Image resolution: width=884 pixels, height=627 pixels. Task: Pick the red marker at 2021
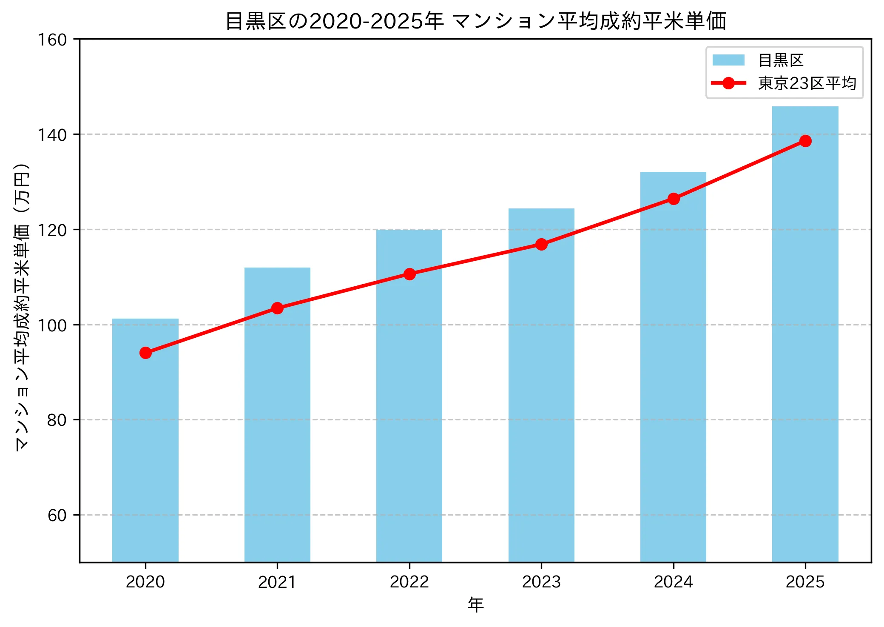coord(277,308)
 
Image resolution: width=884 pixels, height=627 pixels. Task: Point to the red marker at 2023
coord(541,244)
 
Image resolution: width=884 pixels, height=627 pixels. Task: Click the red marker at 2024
coord(674,199)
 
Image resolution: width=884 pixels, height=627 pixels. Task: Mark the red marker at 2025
coord(805,141)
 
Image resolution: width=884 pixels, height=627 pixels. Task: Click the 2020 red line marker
coord(145,353)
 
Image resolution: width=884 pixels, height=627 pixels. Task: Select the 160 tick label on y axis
coord(52,40)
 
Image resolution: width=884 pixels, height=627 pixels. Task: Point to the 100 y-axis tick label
coord(52,325)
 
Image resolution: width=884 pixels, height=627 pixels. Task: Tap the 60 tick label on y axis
coord(57,516)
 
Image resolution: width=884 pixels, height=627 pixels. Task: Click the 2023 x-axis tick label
coord(541,582)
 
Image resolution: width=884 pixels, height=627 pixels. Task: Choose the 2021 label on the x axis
coord(277,582)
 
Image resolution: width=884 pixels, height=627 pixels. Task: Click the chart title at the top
coord(475,21)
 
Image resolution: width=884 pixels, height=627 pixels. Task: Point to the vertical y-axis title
coord(22,306)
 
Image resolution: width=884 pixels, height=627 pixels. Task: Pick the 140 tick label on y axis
coord(52,135)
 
